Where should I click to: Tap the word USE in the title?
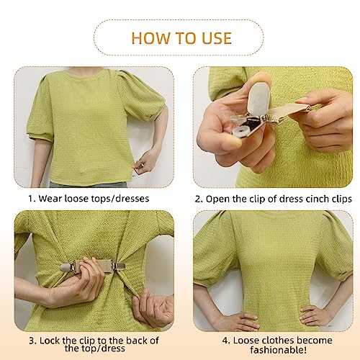(217, 38)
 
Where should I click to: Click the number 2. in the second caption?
(199, 199)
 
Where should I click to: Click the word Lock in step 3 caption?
(50, 341)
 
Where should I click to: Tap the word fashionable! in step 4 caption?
(279, 350)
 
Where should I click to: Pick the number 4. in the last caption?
(226, 341)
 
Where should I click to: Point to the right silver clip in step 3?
(119, 266)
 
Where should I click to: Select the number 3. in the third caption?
(33, 341)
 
